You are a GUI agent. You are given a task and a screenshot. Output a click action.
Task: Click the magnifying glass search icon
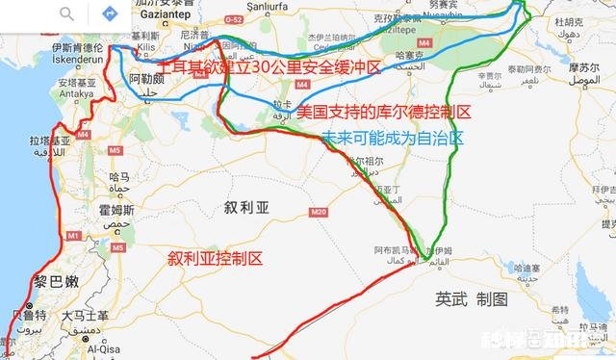coord(66,14)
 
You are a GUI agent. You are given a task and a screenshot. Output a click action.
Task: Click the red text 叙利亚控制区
coord(215,259)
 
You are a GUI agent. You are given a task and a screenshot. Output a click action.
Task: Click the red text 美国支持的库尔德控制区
coord(383,114)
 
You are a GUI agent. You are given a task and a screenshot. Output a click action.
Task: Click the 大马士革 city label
coord(85,315)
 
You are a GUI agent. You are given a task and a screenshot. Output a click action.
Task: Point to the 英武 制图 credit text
coord(471,299)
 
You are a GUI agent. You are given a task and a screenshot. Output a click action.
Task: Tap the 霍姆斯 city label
coord(115,210)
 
